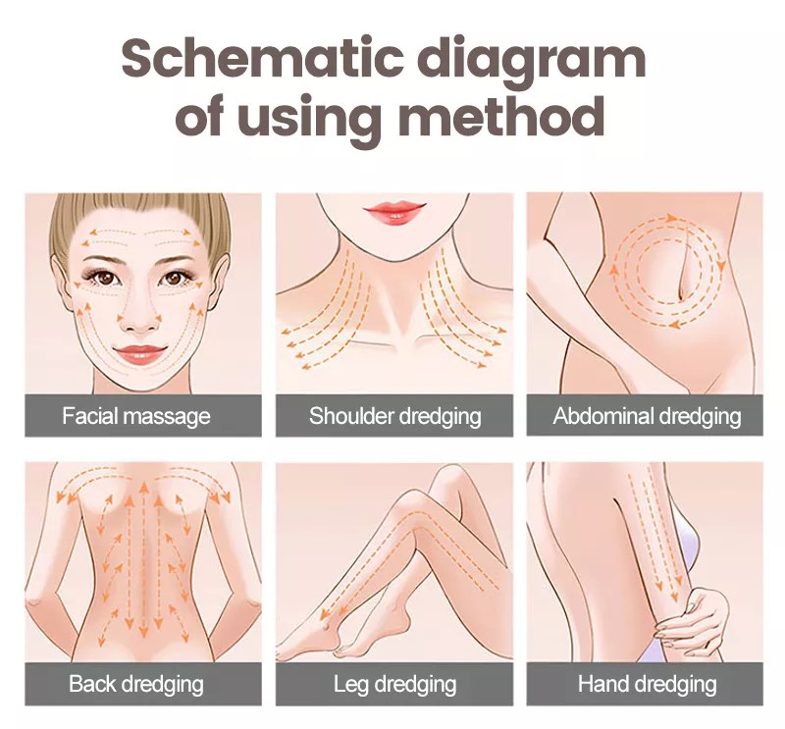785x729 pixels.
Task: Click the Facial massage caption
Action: click(x=136, y=417)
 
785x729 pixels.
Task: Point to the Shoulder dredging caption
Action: click(x=395, y=417)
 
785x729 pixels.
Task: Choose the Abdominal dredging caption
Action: click(x=647, y=417)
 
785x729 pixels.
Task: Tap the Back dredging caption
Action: click(x=136, y=685)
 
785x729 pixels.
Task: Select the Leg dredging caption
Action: click(x=395, y=685)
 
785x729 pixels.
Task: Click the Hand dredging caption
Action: click(x=647, y=685)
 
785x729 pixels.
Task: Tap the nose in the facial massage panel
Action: click(x=139, y=322)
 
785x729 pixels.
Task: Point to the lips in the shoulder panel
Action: click(x=395, y=212)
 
